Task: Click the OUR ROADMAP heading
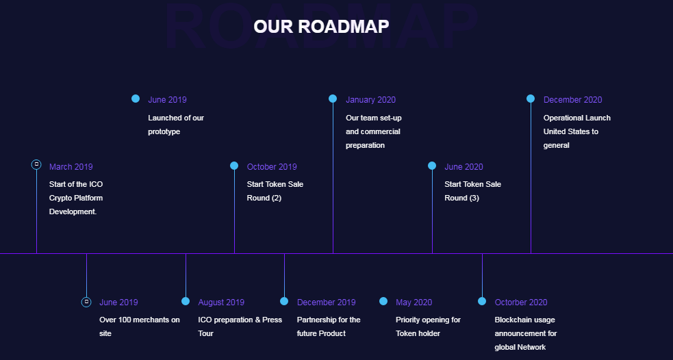(x=321, y=27)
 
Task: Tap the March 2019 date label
(x=71, y=167)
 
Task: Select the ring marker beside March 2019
(x=36, y=164)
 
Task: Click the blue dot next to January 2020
(x=333, y=99)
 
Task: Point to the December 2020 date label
(x=572, y=100)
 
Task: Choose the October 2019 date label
(x=272, y=167)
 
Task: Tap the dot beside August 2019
(x=186, y=301)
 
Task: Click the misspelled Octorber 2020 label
(x=520, y=303)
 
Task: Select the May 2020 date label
(x=414, y=303)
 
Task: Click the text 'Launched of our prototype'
(x=176, y=125)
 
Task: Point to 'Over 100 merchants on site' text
(x=140, y=326)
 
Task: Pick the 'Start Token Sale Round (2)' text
(x=275, y=191)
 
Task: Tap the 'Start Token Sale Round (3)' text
(x=472, y=191)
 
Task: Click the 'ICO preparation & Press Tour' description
(x=240, y=326)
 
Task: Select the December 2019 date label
(x=326, y=303)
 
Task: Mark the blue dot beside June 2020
(x=432, y=166)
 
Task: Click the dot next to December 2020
(x=531, y=99)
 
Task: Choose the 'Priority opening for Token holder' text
(x=429, y=326)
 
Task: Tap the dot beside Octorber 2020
(x=482, y=301)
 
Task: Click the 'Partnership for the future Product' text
(x=329, y=326)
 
